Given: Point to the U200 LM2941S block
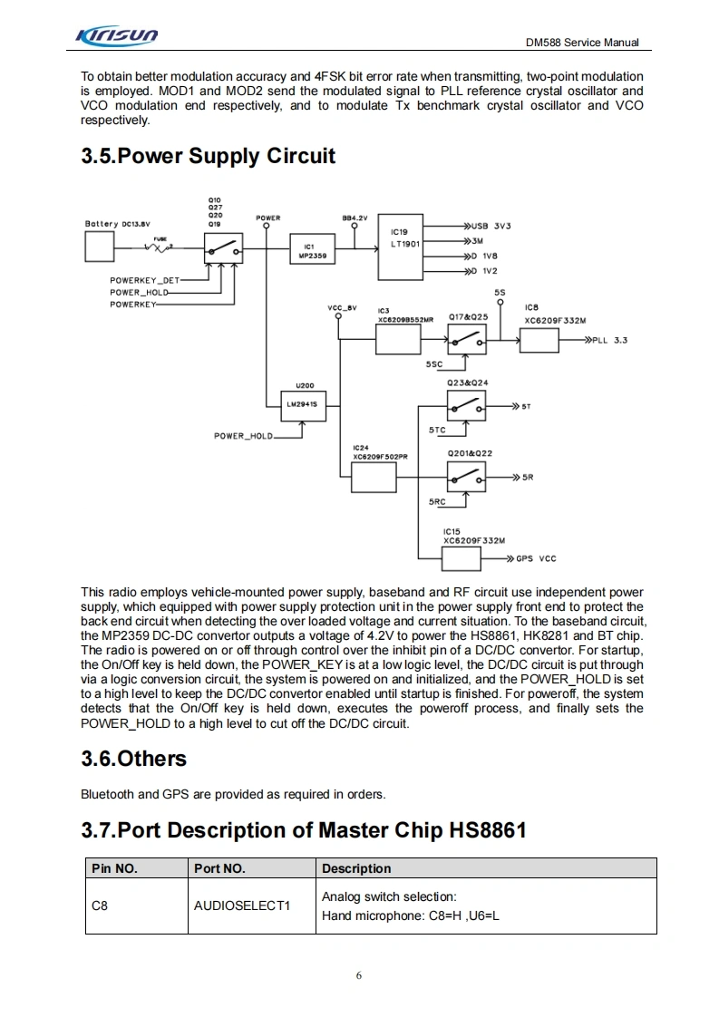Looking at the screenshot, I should pyautogui.click(x=299, y=403).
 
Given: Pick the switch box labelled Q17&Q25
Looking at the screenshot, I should pyautogui.click(x=466, y=339).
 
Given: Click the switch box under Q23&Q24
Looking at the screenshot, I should pyautogui.click(x=466, y=405).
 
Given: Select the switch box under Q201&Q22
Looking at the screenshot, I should pyautogui.click(x=466, y=475).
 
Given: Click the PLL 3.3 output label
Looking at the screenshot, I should pyautogui.click(x=609, y=340).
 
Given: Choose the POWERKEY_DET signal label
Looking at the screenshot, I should pyautogui.click(x=145, y=281).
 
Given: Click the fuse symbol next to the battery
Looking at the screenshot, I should pyautogui.click(x=162, y=247).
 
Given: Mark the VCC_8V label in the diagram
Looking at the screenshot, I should pyautogui.click(x=343, y=308).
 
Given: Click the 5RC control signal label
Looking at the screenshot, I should pyautogui.click(x=437, y=501).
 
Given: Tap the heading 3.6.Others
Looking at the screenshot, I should pyautogui.click(x=133, y=759).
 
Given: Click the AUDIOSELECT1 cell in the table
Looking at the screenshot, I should pyautogui.click(x=242, y=906).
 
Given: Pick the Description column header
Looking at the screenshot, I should pyautogui.click(x=356, y=868).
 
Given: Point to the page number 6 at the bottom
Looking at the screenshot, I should pyautogui.click(x=359, y=975).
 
